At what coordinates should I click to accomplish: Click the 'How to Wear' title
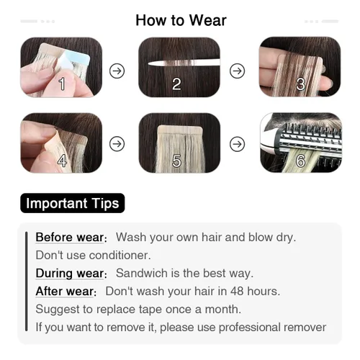point(181,20)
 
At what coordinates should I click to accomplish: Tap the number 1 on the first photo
point(62,84)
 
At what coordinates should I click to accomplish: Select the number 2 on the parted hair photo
point(176,84)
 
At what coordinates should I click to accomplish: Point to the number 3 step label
point(300,84)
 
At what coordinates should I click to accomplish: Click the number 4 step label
point(62,161)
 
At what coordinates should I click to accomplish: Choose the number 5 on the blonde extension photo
point(177,161)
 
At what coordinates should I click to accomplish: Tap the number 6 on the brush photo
point(301,161)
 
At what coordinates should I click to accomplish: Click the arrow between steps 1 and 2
point(117,71)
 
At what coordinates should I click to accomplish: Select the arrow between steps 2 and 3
point(238,71)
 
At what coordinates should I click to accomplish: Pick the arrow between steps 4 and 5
point(117,144)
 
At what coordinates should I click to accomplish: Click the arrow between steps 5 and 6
point(238,144)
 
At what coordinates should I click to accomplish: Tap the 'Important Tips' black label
point(73,203)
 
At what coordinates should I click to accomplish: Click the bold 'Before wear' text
point(70,238)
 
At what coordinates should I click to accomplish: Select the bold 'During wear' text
point(70,274)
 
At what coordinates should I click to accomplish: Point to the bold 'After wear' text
point(65,292)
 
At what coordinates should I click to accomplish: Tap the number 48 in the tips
point(237,291)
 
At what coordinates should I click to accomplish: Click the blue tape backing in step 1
point(75,60)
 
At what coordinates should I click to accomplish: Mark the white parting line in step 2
point(184,63)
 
